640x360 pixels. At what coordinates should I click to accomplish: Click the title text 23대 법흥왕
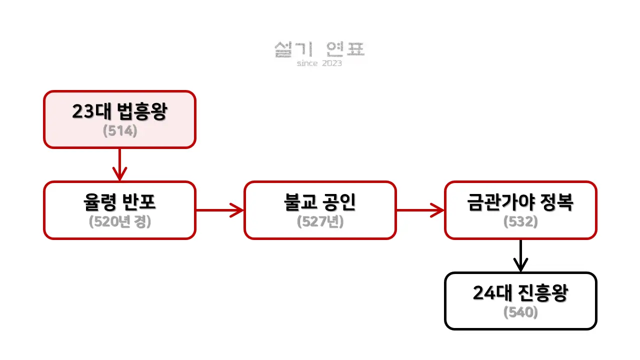pos(119,112)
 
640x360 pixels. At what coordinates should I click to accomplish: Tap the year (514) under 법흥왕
pos(120,131)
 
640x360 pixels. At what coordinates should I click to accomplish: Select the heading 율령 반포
pos(119,202)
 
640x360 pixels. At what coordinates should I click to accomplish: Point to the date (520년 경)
pos(120,221)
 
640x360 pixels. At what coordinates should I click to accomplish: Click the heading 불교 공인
pos(320,202)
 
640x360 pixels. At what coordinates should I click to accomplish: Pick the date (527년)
pos(320,221)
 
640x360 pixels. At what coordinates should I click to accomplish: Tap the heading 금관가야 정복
pos(520,202)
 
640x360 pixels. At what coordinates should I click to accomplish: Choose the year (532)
pos(520,221)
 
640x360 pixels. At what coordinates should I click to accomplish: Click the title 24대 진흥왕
pos(520,293)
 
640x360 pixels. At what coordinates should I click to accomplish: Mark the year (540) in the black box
pos(520,312)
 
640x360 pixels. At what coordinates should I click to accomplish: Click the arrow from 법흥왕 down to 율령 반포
pos(119,165)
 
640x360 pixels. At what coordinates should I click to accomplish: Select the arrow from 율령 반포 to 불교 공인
pos(220,210)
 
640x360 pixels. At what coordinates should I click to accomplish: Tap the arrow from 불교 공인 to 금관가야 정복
pos(420,210)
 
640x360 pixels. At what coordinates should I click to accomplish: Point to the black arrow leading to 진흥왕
pos(520,256)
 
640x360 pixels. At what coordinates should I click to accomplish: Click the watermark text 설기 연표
pos(320,49)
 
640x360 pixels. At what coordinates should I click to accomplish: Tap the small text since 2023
pos(319,63)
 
